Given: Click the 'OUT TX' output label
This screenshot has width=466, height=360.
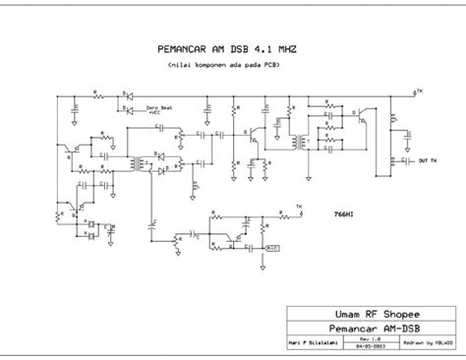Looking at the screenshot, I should pyautogui.click(x=429, y=160).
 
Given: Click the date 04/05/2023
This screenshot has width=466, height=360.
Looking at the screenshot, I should pyautogui.click(x=360, y=347).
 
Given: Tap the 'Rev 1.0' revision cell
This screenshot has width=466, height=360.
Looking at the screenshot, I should pyautogui.click(x=360, y=339).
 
